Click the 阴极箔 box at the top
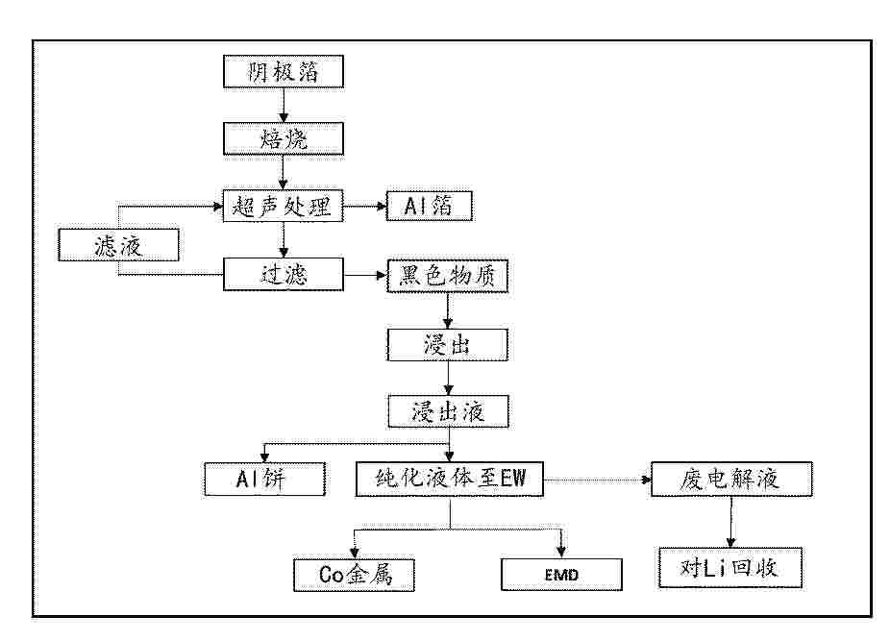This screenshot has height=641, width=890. click(284, 71)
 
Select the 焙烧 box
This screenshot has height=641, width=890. click(284, 138)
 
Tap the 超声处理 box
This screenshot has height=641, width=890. click(284, 206)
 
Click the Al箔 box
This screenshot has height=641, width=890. click(429, 206)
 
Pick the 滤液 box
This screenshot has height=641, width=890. click(118, 245)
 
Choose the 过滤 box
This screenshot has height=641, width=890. click(284, 274)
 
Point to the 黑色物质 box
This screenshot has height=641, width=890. click(447, 276)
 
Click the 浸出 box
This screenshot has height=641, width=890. click(447, 345)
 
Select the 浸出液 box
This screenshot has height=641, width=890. click(448, 411)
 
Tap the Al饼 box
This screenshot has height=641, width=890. click(264, 480)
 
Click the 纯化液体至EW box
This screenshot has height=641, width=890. click(450, 480)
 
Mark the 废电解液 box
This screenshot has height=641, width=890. click(731, 480)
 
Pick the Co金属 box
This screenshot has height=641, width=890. click(354, 575)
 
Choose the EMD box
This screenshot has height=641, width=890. click(561, 575)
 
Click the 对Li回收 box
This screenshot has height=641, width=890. click(730, 568)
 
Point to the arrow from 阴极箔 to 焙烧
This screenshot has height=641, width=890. click(284, 106)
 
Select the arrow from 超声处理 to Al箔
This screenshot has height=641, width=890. click(365, 206)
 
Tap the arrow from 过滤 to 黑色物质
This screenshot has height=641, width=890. click(365, 276)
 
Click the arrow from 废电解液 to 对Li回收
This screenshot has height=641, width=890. click(731, 522)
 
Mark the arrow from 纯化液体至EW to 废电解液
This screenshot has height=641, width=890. click(597, 481)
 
